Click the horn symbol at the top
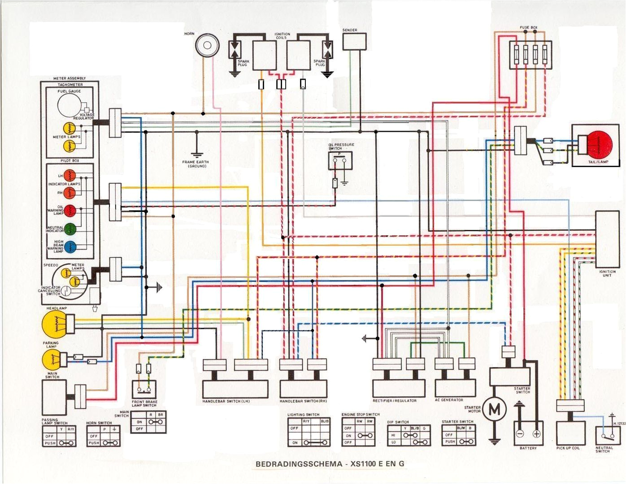pos(207,45)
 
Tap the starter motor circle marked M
pos(494,409)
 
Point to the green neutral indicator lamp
pos(70,229)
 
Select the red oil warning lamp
pos(70,211)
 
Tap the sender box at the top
pos(354,42)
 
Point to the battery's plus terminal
pos(536,434)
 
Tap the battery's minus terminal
pos(520,434)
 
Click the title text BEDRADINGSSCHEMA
pos(299,464)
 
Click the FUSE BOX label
pos(529,28)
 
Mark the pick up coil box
pos(569,432)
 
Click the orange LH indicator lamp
pos(70,175)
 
